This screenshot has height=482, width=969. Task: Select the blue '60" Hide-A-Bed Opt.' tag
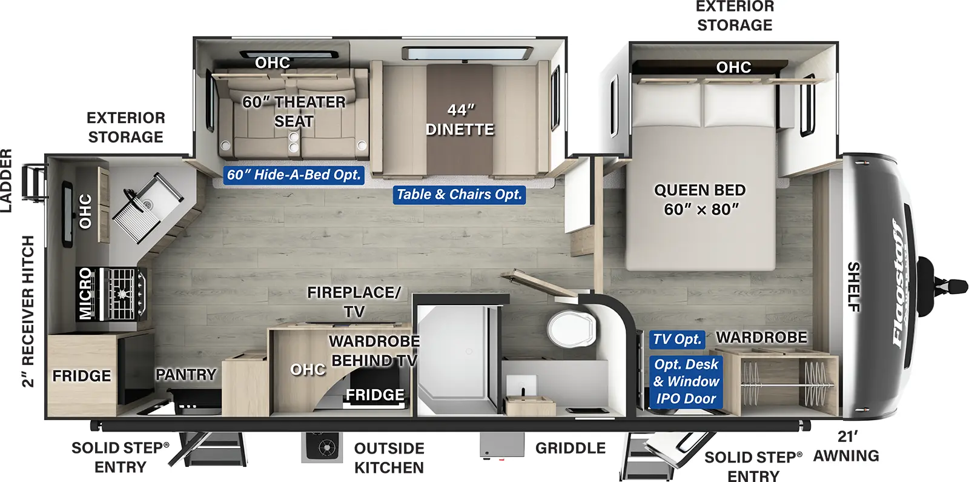coord(294,175)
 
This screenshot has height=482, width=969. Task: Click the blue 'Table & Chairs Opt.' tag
coord(458,195)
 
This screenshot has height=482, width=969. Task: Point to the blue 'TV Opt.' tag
coord(676,340)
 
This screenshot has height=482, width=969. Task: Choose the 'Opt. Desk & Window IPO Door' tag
coord(686,381)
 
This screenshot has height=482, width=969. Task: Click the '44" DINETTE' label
coord(460,119)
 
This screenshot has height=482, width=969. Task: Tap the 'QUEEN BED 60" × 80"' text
coord(700,199)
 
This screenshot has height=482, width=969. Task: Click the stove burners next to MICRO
coord(124,293)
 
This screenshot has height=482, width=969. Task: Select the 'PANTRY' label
coord(186,375)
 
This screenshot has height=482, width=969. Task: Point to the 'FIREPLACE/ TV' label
coord(354,301)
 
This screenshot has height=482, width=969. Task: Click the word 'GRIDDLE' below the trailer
coord(570,448)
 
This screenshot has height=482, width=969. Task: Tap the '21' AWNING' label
coord(846,446)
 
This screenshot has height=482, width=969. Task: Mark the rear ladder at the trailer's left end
coord(34,181)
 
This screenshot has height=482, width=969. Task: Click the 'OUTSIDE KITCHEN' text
coord(389,458)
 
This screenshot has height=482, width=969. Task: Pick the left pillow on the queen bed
coord(666,104)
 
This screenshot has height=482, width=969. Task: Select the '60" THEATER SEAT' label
coord(294,111)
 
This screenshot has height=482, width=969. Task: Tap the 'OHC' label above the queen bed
coord(733,67)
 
